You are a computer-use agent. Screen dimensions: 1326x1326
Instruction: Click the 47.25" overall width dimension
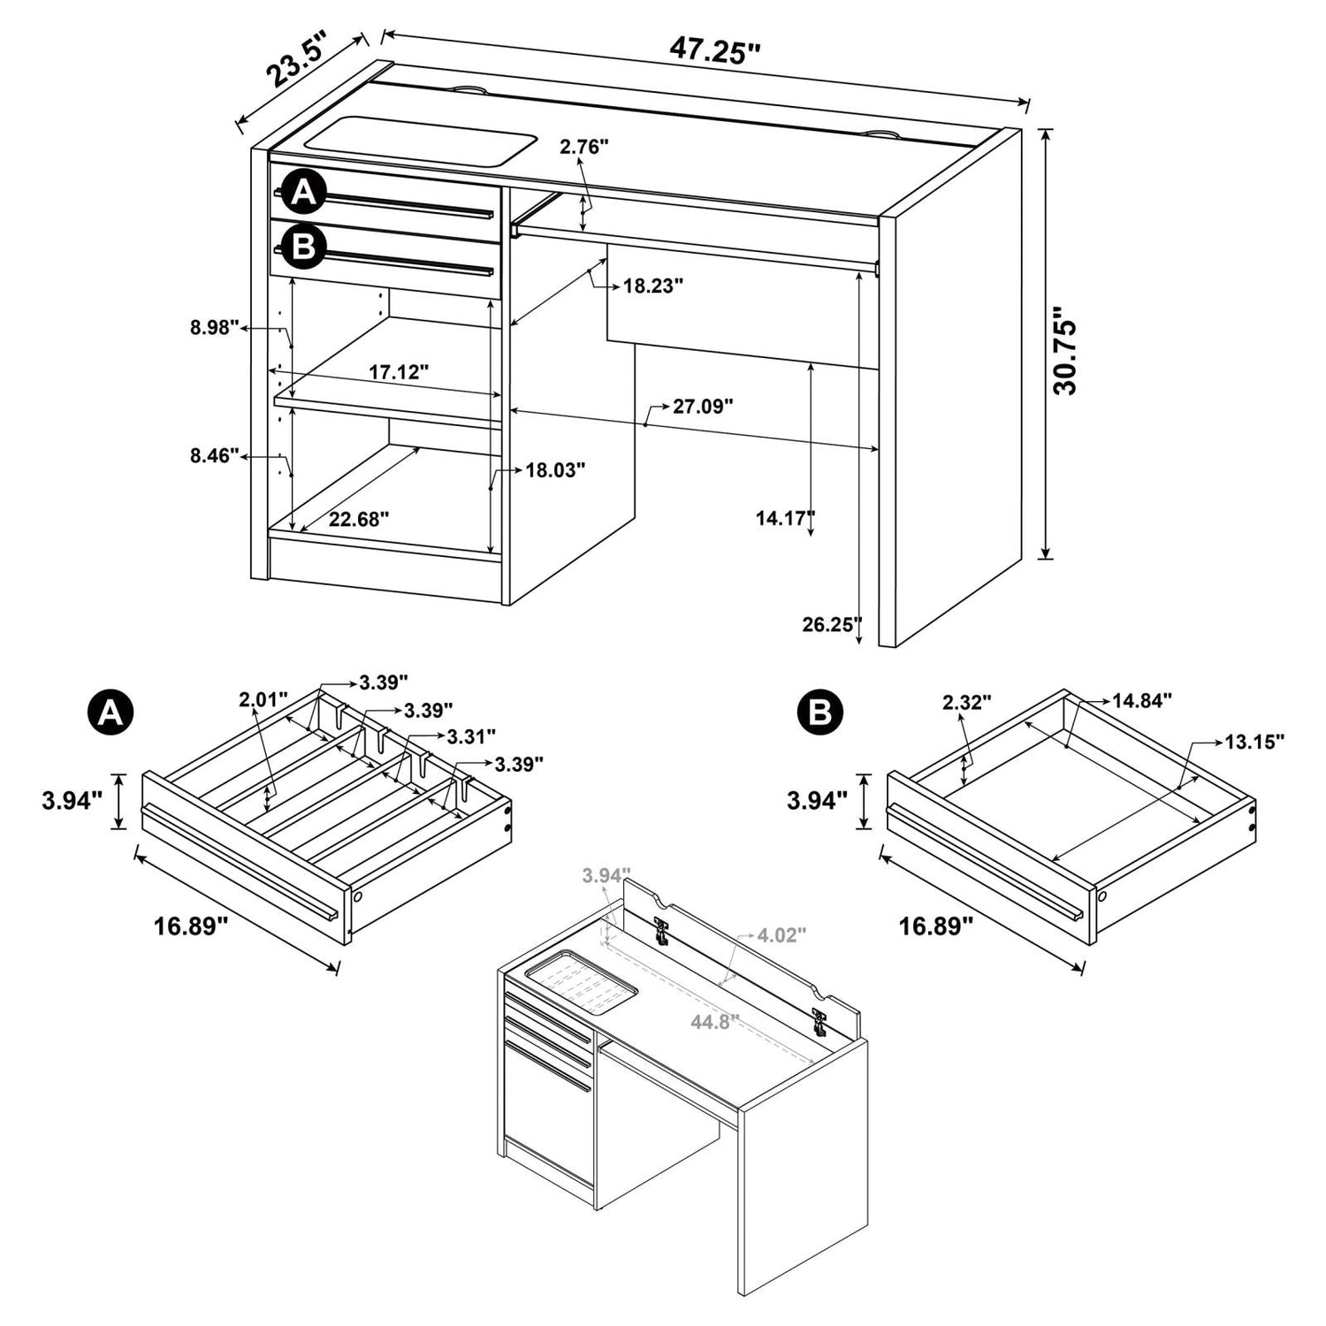[714, 50]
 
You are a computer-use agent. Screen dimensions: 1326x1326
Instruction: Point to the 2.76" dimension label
[584, 147]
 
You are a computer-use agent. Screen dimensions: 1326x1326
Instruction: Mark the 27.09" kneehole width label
[704, 406]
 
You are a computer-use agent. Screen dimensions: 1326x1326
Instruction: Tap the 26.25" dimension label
[831, 624]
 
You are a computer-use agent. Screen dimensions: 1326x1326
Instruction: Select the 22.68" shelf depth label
[359, 519]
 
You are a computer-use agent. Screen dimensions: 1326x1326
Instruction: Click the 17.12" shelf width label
[399, 372]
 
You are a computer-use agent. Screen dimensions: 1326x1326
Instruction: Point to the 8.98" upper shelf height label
[215, 328]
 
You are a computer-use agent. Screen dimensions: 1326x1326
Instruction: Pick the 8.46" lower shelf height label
[215, 455]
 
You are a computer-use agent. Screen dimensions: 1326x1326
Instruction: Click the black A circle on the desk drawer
[304, 193]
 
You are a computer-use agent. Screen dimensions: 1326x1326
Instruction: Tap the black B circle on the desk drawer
[304, 247]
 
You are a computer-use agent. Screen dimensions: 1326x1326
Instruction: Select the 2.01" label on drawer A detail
[263, 700]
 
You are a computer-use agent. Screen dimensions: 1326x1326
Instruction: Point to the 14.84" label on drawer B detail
[1142, 700]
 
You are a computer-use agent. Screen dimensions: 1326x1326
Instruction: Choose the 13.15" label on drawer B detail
[1254, 741]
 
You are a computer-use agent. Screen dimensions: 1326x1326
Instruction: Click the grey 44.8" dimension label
[715, 1022]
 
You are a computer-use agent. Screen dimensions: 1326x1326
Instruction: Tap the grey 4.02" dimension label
[782, 934]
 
